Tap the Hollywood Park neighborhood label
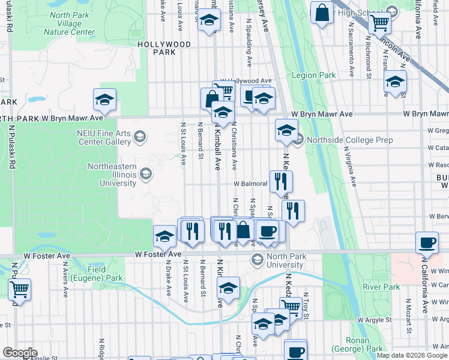click(x=164, y=48)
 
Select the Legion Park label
click(x=313, y=75)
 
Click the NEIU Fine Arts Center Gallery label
click(x=104, y=138)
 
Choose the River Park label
click(x=381, y=287)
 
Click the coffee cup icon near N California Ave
click(x=427, y=242)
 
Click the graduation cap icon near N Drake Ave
click(x=164, y=236)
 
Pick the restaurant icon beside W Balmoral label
click(x=281, y=181)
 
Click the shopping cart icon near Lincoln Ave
click(x=379, y=23)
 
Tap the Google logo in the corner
click(x=20, y=353)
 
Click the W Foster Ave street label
click(x=157, y=254)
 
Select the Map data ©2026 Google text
click(x=412, y=356)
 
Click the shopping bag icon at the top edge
click(x=322, y=13)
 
